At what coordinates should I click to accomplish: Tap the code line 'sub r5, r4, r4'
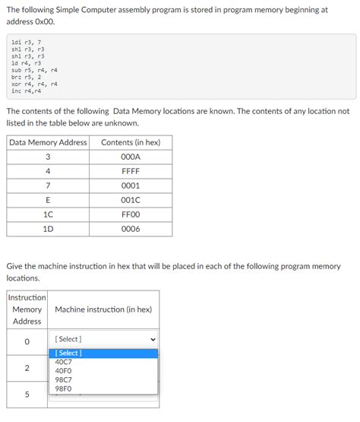[34, 70]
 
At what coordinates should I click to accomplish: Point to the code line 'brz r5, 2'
[27, 77]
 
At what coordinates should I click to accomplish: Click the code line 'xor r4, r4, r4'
[34, 84]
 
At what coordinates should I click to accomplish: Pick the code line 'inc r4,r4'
[27, 90]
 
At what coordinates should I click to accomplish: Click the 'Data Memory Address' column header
[49, 142]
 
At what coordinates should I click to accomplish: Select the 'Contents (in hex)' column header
[131, 142]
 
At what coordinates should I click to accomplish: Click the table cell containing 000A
[131, 157]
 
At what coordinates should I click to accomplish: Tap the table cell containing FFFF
[131, 171]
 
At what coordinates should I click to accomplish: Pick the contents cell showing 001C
[131, 200]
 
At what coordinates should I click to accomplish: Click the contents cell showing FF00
[131, 214]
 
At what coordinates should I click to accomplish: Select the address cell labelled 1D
[49, 229]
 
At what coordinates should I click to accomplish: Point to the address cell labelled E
[49, 200]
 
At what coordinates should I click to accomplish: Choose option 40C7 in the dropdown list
[64, 362]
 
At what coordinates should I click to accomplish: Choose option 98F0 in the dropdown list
[64, 389]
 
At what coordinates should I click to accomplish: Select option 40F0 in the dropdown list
[64, 371]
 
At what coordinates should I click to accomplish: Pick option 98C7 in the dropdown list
[64, 379]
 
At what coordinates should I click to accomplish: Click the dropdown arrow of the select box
[152, 339]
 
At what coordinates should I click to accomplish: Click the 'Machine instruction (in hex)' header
[103, 309]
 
